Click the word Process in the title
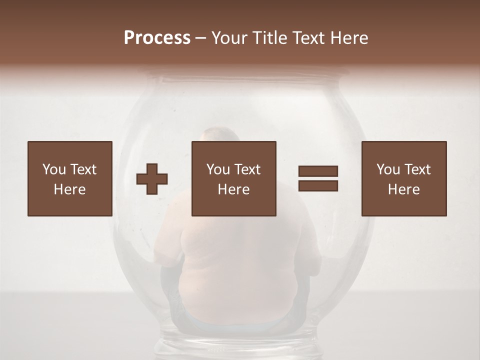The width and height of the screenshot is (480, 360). coord(157,38)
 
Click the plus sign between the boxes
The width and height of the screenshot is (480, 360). coord(152,179)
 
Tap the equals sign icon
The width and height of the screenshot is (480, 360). coord(318,178)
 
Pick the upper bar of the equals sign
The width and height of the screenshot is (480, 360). coord(318,171)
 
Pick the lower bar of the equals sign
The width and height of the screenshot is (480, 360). coord(318,186)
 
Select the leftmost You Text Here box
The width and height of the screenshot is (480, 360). coord(69,178)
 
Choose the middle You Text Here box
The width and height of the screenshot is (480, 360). coord(233,178)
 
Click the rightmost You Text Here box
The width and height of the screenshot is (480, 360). coord(403,178)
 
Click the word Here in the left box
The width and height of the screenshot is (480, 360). coord(69,189)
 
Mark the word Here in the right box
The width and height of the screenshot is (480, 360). coord(403,189)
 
